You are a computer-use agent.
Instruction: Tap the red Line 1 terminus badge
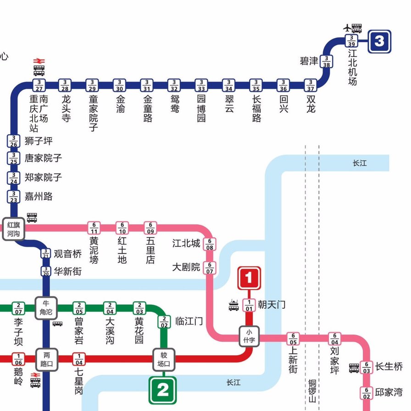click(249, 278)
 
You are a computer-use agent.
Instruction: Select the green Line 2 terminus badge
click(163, 390)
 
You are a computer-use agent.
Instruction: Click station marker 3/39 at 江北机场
click(351, 41)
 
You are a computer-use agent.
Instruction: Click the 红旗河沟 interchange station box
click(13, 228)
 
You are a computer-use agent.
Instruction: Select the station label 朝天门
click(272, 305)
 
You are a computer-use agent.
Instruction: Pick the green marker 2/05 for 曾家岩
click(79, 308)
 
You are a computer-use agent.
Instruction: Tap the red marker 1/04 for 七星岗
click(79, 359)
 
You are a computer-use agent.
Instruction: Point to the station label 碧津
click(309, 61)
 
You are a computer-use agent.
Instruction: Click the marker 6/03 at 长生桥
click(367, 367)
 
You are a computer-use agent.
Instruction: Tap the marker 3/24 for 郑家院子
click(14, 178)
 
